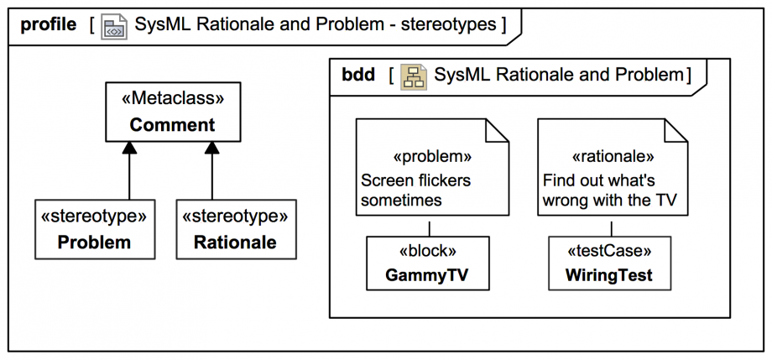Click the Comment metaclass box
[x=172, y=112]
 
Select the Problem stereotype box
[x=94, y=229]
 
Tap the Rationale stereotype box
[x=235, y=229]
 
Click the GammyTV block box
[x=428, y=263]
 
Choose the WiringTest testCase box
[x=610, y=263]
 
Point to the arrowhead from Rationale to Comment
[x=212, y=149]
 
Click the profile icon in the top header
[x=113, y=26]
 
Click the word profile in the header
[x=48, y=25]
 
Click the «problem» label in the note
[x=427, y=156]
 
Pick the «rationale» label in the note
[x=613, y=156]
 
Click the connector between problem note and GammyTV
[x=429, y=228]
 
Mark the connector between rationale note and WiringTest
[x=611, y=228]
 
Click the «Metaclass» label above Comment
[x=172, y=99]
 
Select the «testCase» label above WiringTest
[x=610, y=251]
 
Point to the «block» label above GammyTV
[x=428, y=251]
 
